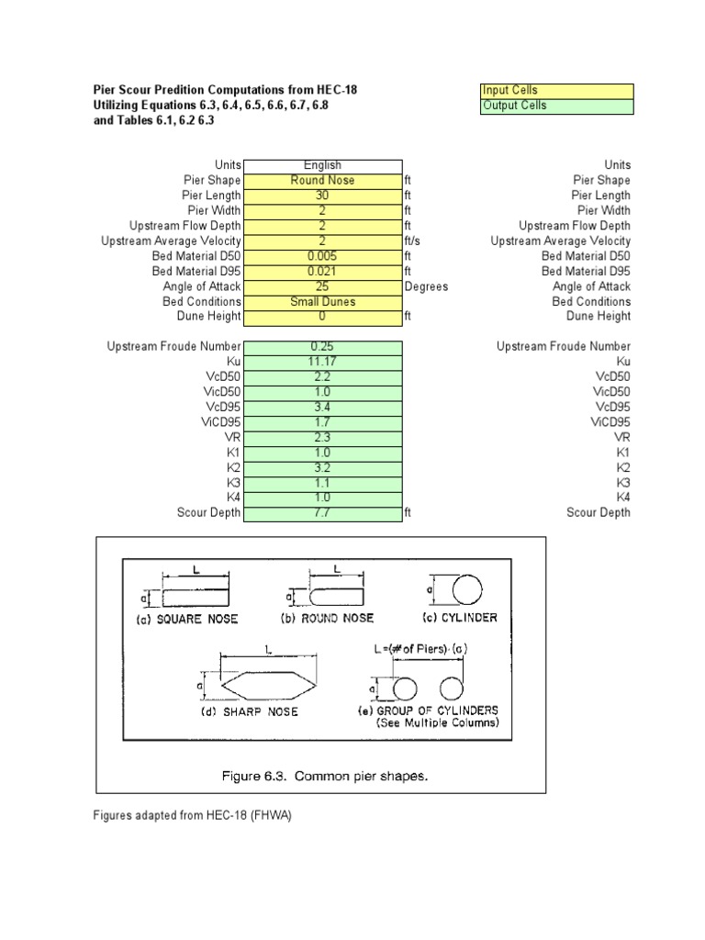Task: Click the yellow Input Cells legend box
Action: point(556,91)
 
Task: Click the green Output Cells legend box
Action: point(556,106)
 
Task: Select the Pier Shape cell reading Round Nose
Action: point(322,181)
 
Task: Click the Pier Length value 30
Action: point(322,196)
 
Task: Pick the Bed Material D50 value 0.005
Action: point(322,256)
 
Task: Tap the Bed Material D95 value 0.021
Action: point(322,272)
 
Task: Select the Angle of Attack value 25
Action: point(322,286)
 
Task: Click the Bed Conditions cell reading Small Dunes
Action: point(322,302)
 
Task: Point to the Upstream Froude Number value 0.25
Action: point(322,347)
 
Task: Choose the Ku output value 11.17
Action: point(322,362)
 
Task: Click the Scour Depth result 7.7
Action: point(322,513)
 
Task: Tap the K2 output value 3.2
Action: point(322,467)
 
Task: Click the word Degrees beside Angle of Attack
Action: point(426,286)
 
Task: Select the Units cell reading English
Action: point(322,165)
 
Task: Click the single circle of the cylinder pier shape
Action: point(465,588)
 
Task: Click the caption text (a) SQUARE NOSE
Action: point(181,619)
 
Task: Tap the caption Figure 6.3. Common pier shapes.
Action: point(326,777)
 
